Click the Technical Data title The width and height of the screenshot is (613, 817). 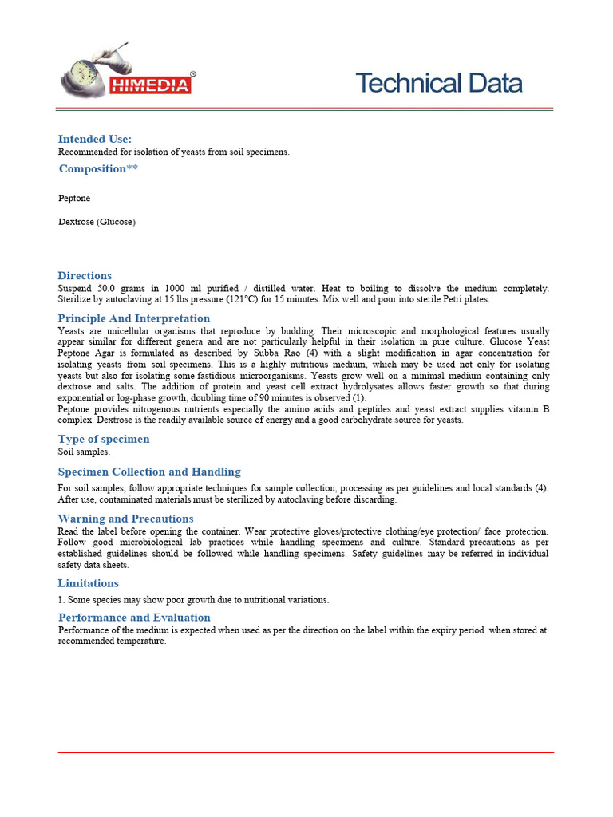438,83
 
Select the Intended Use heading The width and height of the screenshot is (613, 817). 94,139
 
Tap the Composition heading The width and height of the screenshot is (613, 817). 98,168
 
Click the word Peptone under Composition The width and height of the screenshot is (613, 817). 74,198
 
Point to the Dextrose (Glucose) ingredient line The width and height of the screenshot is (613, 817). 97,222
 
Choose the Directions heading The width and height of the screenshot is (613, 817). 85,275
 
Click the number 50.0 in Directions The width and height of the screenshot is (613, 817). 108,288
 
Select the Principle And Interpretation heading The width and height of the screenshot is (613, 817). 134,318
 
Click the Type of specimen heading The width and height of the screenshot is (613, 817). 104,439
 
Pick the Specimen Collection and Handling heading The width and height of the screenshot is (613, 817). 149,472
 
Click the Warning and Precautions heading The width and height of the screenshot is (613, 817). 126,519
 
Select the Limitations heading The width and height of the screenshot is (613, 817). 89,583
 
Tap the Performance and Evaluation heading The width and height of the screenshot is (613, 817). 134,617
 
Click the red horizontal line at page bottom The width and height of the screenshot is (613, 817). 306,752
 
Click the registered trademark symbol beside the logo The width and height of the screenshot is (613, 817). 192,73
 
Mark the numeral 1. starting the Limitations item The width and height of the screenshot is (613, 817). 61,600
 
